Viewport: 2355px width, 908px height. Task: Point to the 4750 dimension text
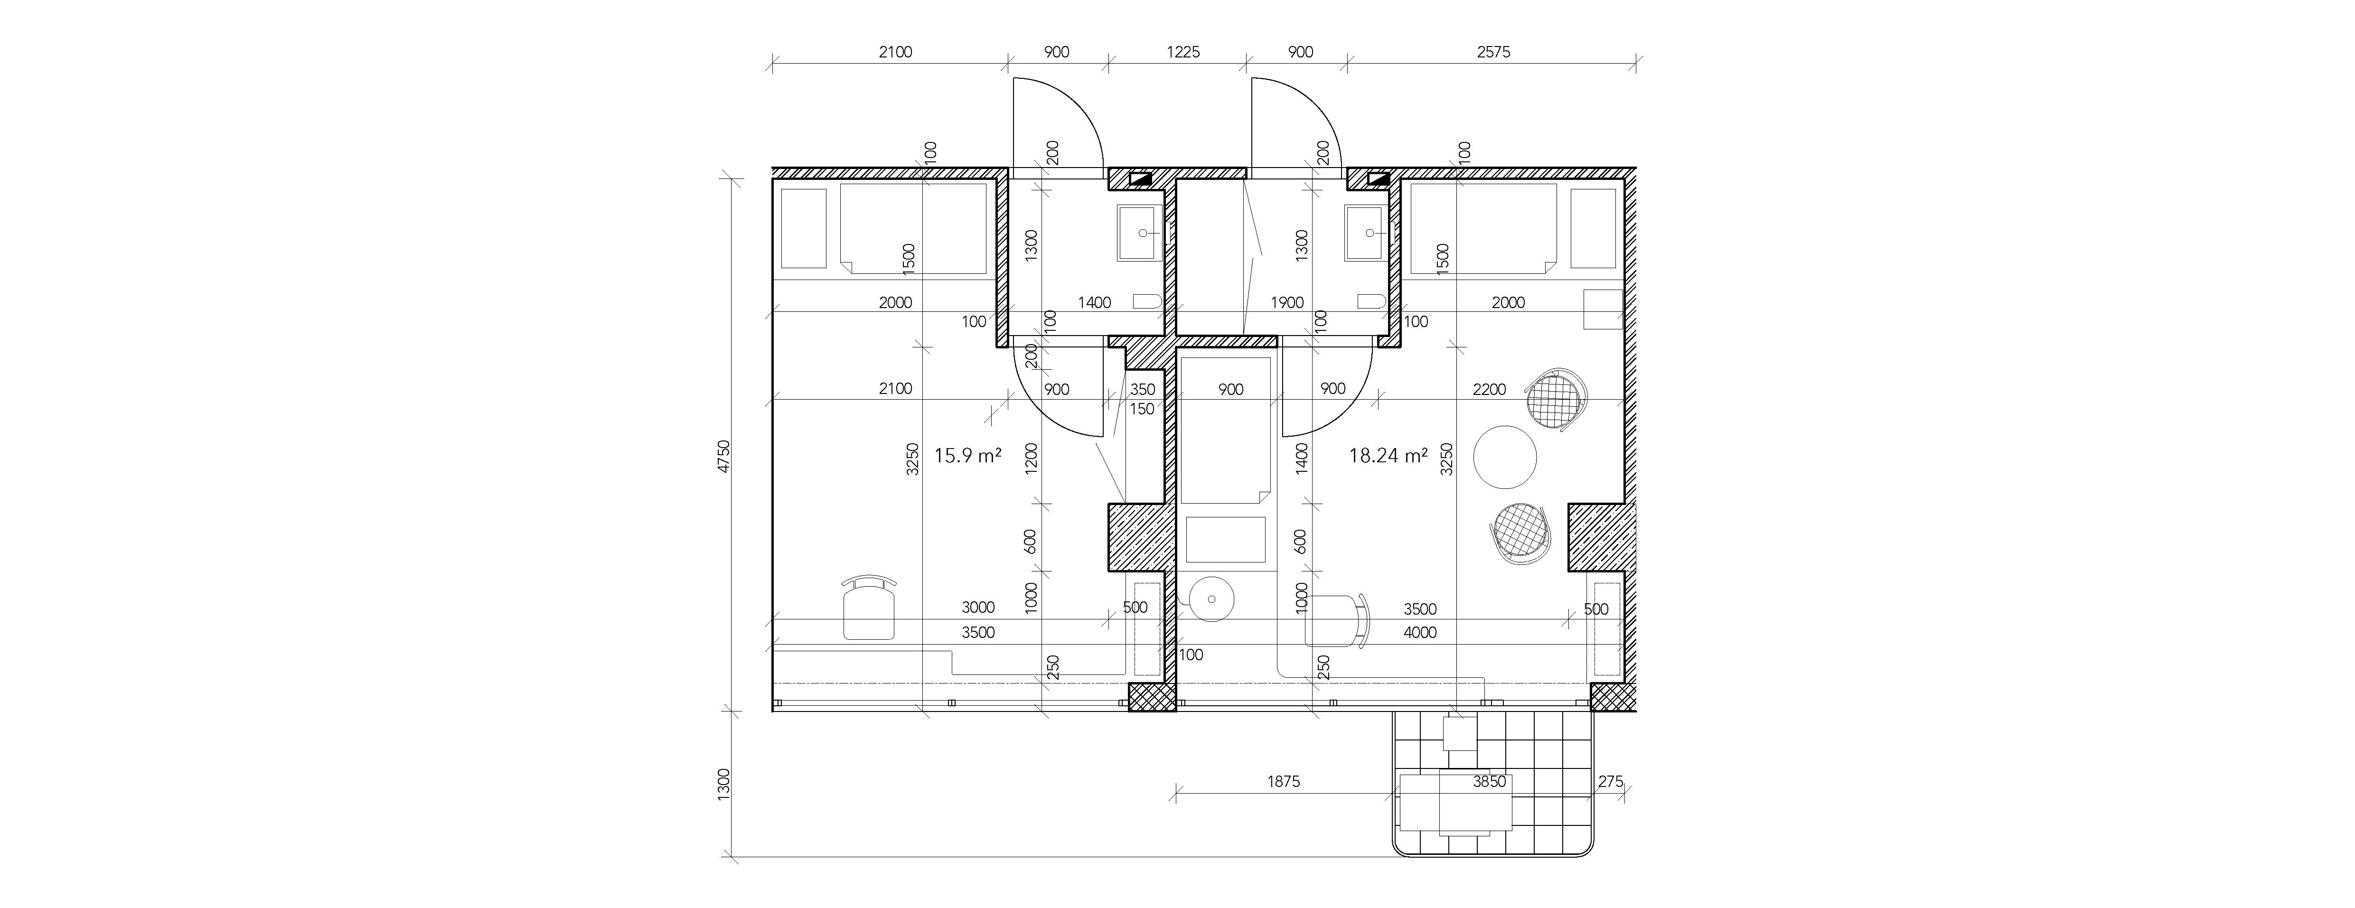coord(724,455)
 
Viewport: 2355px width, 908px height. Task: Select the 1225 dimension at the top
coord(1183,52)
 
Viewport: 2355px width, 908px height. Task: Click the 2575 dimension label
coord(1494,52)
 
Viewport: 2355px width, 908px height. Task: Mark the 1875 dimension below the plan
coord(1284,782)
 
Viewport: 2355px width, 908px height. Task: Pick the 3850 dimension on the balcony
coord(1489,782)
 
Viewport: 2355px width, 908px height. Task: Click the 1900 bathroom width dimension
coord(1287,303)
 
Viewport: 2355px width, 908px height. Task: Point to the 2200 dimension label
coord(1489,390)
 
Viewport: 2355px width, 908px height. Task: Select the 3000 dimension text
coord(978,607)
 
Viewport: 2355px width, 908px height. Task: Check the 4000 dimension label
coord(1420,633)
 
